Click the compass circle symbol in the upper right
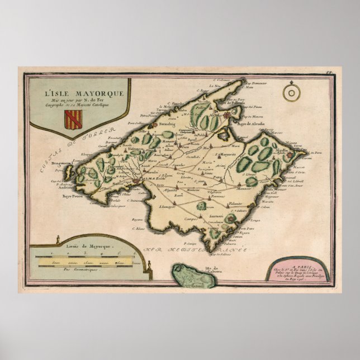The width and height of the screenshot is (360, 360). [x=290, y=93]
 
